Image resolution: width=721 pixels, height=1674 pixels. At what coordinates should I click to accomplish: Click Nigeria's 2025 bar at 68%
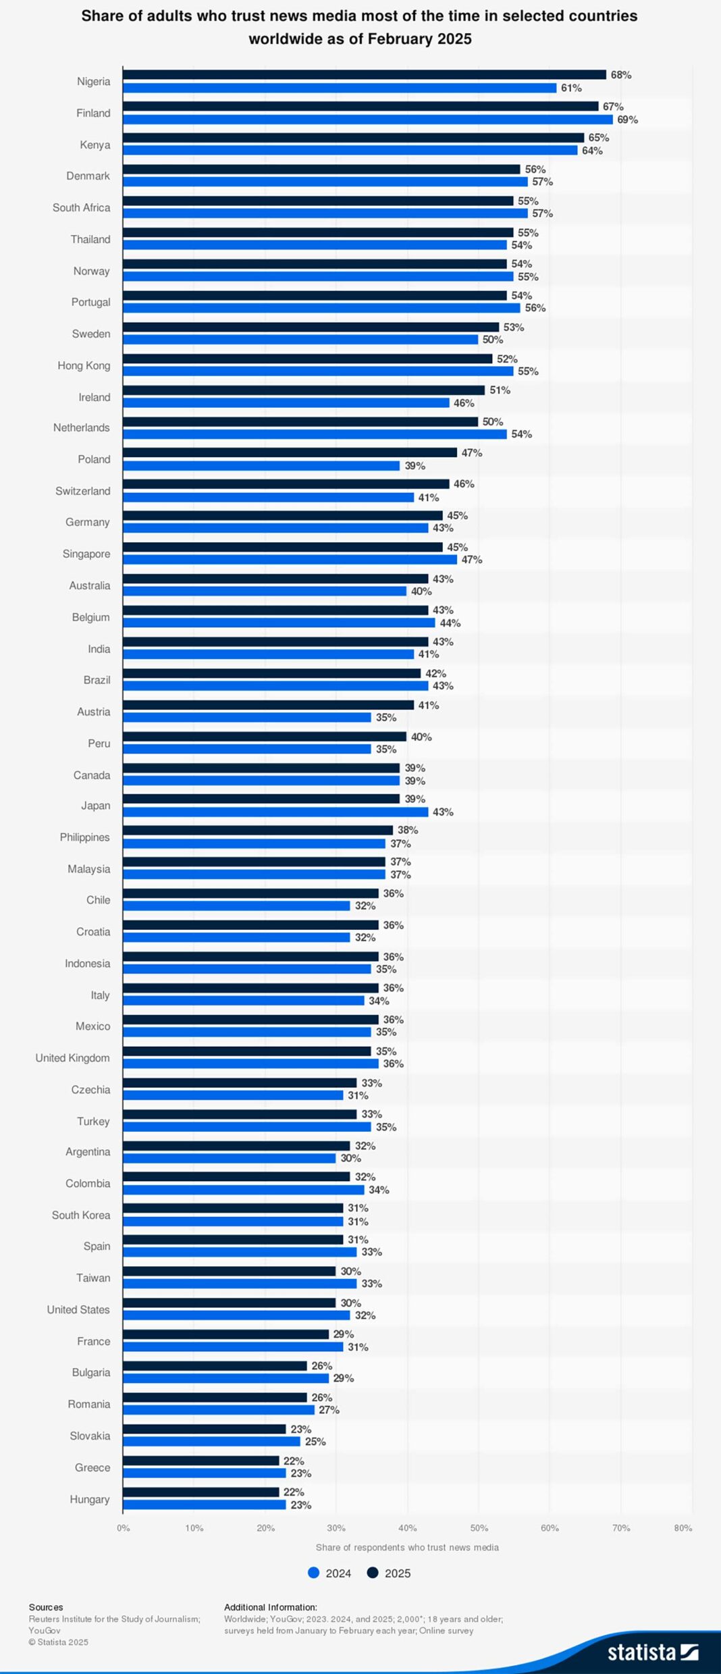click(x=365, y=75)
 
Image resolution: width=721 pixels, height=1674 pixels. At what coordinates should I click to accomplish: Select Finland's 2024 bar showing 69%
click(x=368, y=120)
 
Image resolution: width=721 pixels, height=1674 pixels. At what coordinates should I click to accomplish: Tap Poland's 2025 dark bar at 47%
click(x=290, y=452)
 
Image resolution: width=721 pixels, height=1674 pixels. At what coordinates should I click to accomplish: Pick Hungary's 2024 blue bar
click(x=205, y=1505)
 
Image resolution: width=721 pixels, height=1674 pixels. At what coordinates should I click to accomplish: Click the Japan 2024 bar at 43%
click(x=275, y=812)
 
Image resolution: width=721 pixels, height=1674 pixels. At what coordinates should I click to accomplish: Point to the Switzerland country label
click(x=83, y=491)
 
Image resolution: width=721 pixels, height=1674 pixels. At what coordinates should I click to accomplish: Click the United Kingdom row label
click(x=72, y=1057)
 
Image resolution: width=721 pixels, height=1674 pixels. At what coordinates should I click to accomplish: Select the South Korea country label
click(x=81, y=1215)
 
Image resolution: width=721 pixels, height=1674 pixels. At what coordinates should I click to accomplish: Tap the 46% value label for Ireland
click(x=464, y=403)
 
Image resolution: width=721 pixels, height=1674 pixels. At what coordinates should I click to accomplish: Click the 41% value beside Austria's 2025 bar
click(x=429, y=705)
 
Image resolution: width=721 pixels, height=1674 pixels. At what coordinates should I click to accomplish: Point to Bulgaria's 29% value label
click(x=344, y=1378)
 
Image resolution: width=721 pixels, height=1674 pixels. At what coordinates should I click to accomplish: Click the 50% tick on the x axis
click(x=479, y=1527)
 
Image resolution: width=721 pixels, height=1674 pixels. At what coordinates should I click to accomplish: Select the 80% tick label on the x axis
click(x=683, y=1527)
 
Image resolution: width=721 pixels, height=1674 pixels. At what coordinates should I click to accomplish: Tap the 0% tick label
click(x=124, y=1527)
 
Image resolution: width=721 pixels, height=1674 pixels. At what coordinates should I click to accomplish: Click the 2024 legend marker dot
click(x=313, y=1573)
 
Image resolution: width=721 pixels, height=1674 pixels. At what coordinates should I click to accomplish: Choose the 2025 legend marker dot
click(x=373, y=1573)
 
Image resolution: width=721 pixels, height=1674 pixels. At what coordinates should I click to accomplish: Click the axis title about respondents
click(x=407, y=1547)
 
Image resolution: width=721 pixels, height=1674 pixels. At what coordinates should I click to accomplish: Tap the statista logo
click(x=653, y=1652)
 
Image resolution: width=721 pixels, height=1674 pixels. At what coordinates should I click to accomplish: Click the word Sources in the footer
click(x=46, y=1607)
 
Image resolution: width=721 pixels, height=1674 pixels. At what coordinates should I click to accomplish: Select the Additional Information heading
click(x=271, y=1607)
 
